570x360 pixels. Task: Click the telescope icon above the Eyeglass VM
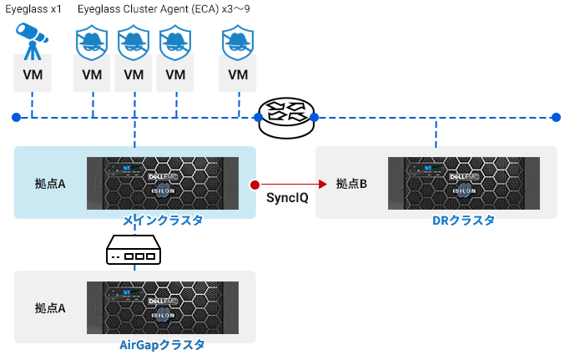click(x=32, y=41)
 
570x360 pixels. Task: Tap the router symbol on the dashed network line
click(x=286, y=118)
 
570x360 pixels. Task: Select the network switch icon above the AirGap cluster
click(x=134, y=250)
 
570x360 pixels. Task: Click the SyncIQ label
click(x=287, y=198)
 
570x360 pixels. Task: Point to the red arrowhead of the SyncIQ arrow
click(x=322, y=185)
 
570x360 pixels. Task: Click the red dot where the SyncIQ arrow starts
click(x=255, y=185)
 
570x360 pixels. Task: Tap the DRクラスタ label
click(x=463, y=221)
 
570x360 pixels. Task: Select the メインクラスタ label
click(x=163, y=221)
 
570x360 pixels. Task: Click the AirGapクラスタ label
click(x=162, y=344)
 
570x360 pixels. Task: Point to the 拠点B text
click(x=351, y=184)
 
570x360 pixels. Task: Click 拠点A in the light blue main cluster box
click(x=50, y=184)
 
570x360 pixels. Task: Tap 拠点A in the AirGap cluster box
click(x=50, y=308)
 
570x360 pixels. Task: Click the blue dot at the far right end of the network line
click(x=556, y=117)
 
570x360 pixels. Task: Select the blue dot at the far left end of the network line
click(x=16, y=117)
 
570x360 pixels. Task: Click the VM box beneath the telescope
click(x=33, y=74)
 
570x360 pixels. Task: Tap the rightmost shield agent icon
click(x=238, y=43)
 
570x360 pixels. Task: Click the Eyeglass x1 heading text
click(x=33, y=8)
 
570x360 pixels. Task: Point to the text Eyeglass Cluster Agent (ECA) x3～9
click(x=164, y=8)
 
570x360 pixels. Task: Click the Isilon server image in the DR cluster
click(x=464, y=183)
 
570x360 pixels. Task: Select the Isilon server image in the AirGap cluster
click(x=163, y=307)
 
